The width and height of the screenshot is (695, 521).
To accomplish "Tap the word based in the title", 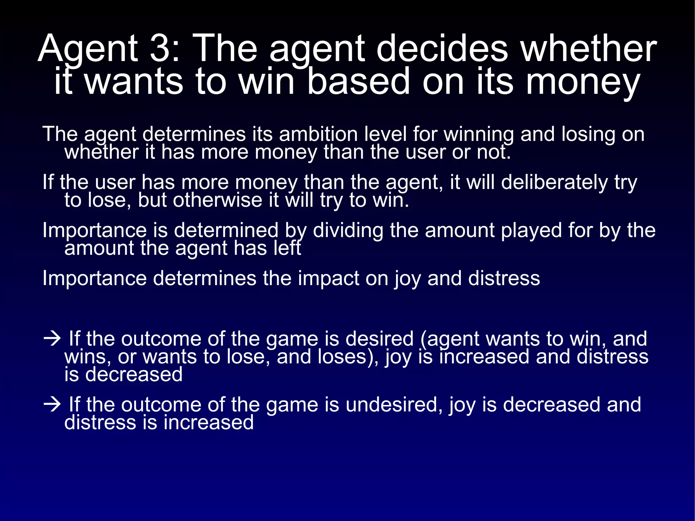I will pyautogui.click(x=358, y=81).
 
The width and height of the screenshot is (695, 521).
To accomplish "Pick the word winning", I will pyautogui.click(x=479, y=135).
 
